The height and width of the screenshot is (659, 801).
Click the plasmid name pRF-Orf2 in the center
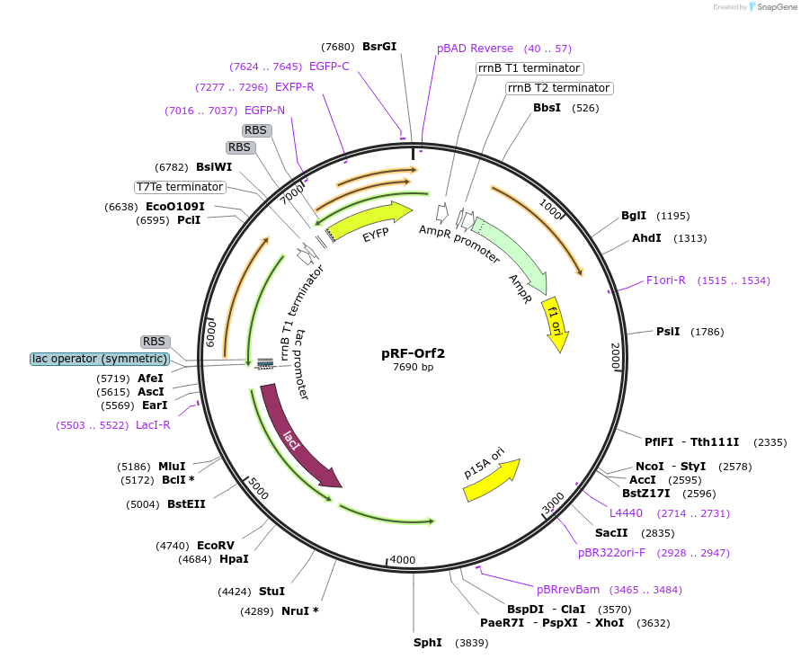[413, 353]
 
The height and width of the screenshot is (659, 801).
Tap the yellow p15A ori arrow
[491, 481]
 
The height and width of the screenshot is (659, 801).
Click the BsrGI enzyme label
[378, 47]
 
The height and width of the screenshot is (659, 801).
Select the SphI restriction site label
[427, 642]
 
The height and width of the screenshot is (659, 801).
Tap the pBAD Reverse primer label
[475, 49]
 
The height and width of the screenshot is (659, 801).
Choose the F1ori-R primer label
[666, 281]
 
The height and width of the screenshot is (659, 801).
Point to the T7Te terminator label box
[180, 187]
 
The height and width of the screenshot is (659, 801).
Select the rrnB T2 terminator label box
[558, 88]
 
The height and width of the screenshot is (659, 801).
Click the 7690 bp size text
[413, 367]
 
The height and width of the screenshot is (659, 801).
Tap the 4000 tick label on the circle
[403, 560]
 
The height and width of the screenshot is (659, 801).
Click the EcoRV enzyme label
[215, 545]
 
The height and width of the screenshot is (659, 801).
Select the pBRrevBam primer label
[568, 590]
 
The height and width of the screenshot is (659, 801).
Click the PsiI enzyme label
[668, 332]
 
